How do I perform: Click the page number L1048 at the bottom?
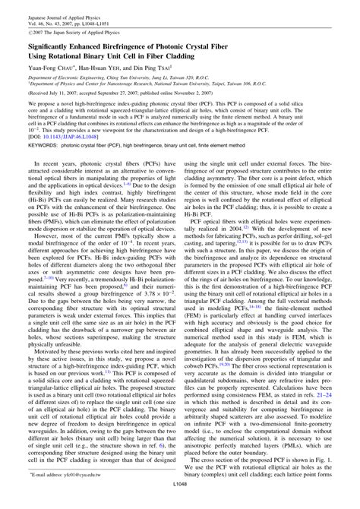pyautogui.click(x=179, y=502)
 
